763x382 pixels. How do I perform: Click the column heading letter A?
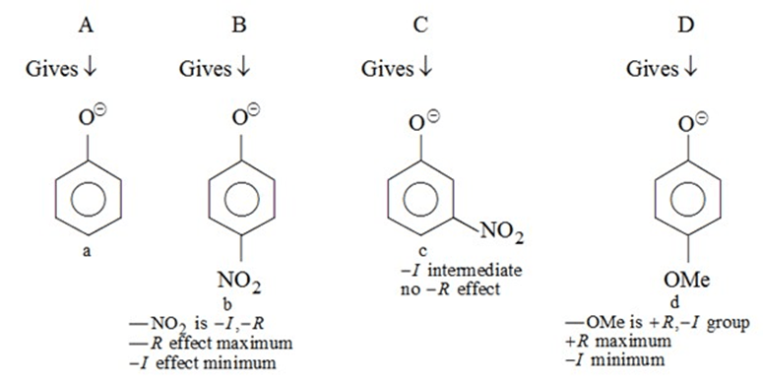pos(87,27)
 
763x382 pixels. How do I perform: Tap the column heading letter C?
pos(420,27)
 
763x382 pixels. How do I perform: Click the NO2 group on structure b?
pos(240,286)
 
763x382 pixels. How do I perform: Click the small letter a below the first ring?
pos(88,252)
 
